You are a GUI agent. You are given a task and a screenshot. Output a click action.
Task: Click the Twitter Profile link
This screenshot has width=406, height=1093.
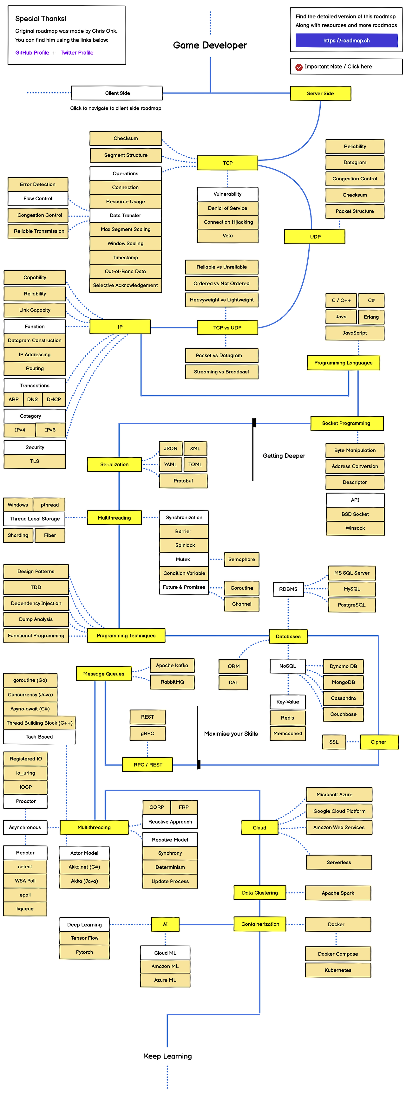77,53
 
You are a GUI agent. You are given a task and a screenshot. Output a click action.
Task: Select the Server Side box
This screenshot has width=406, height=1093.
320,93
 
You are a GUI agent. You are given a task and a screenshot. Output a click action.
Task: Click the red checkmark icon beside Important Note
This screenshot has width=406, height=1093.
299,67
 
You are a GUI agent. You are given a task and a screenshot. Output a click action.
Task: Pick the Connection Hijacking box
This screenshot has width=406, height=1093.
228,222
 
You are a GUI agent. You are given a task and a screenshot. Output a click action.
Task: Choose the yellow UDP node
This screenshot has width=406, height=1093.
315,237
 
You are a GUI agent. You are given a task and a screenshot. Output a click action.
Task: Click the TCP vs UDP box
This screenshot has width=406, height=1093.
227,327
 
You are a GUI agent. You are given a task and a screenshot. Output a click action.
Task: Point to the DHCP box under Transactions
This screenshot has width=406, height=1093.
54,399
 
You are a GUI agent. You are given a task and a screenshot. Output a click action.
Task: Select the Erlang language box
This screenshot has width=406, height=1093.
371,317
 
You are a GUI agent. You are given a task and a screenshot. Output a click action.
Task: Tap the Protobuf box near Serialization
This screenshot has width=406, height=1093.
183,481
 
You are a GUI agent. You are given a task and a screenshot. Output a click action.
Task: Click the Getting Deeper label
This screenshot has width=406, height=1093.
284,456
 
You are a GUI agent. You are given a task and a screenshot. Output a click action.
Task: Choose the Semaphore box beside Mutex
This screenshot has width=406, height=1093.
241,559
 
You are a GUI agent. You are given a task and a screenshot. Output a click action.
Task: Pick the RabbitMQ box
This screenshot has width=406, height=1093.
172,682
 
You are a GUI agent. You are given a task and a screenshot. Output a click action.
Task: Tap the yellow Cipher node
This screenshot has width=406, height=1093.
378,742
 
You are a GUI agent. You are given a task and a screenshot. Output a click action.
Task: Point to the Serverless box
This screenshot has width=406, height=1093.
338,862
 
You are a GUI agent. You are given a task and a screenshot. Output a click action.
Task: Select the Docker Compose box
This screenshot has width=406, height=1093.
337,954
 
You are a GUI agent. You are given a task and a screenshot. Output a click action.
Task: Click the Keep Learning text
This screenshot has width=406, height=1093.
168,1056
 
